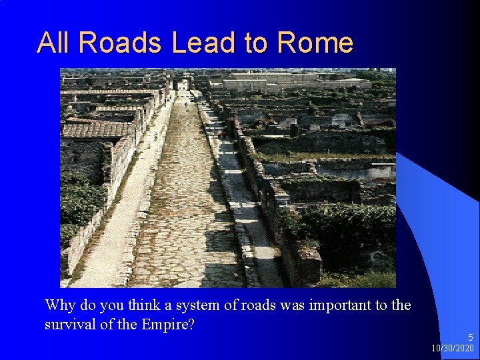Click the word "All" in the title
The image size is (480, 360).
54,43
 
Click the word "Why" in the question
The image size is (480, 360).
59,306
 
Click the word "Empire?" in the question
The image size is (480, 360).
171,325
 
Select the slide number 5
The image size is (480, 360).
471,338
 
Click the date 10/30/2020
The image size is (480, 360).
453,349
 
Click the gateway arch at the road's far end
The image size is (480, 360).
182,84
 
